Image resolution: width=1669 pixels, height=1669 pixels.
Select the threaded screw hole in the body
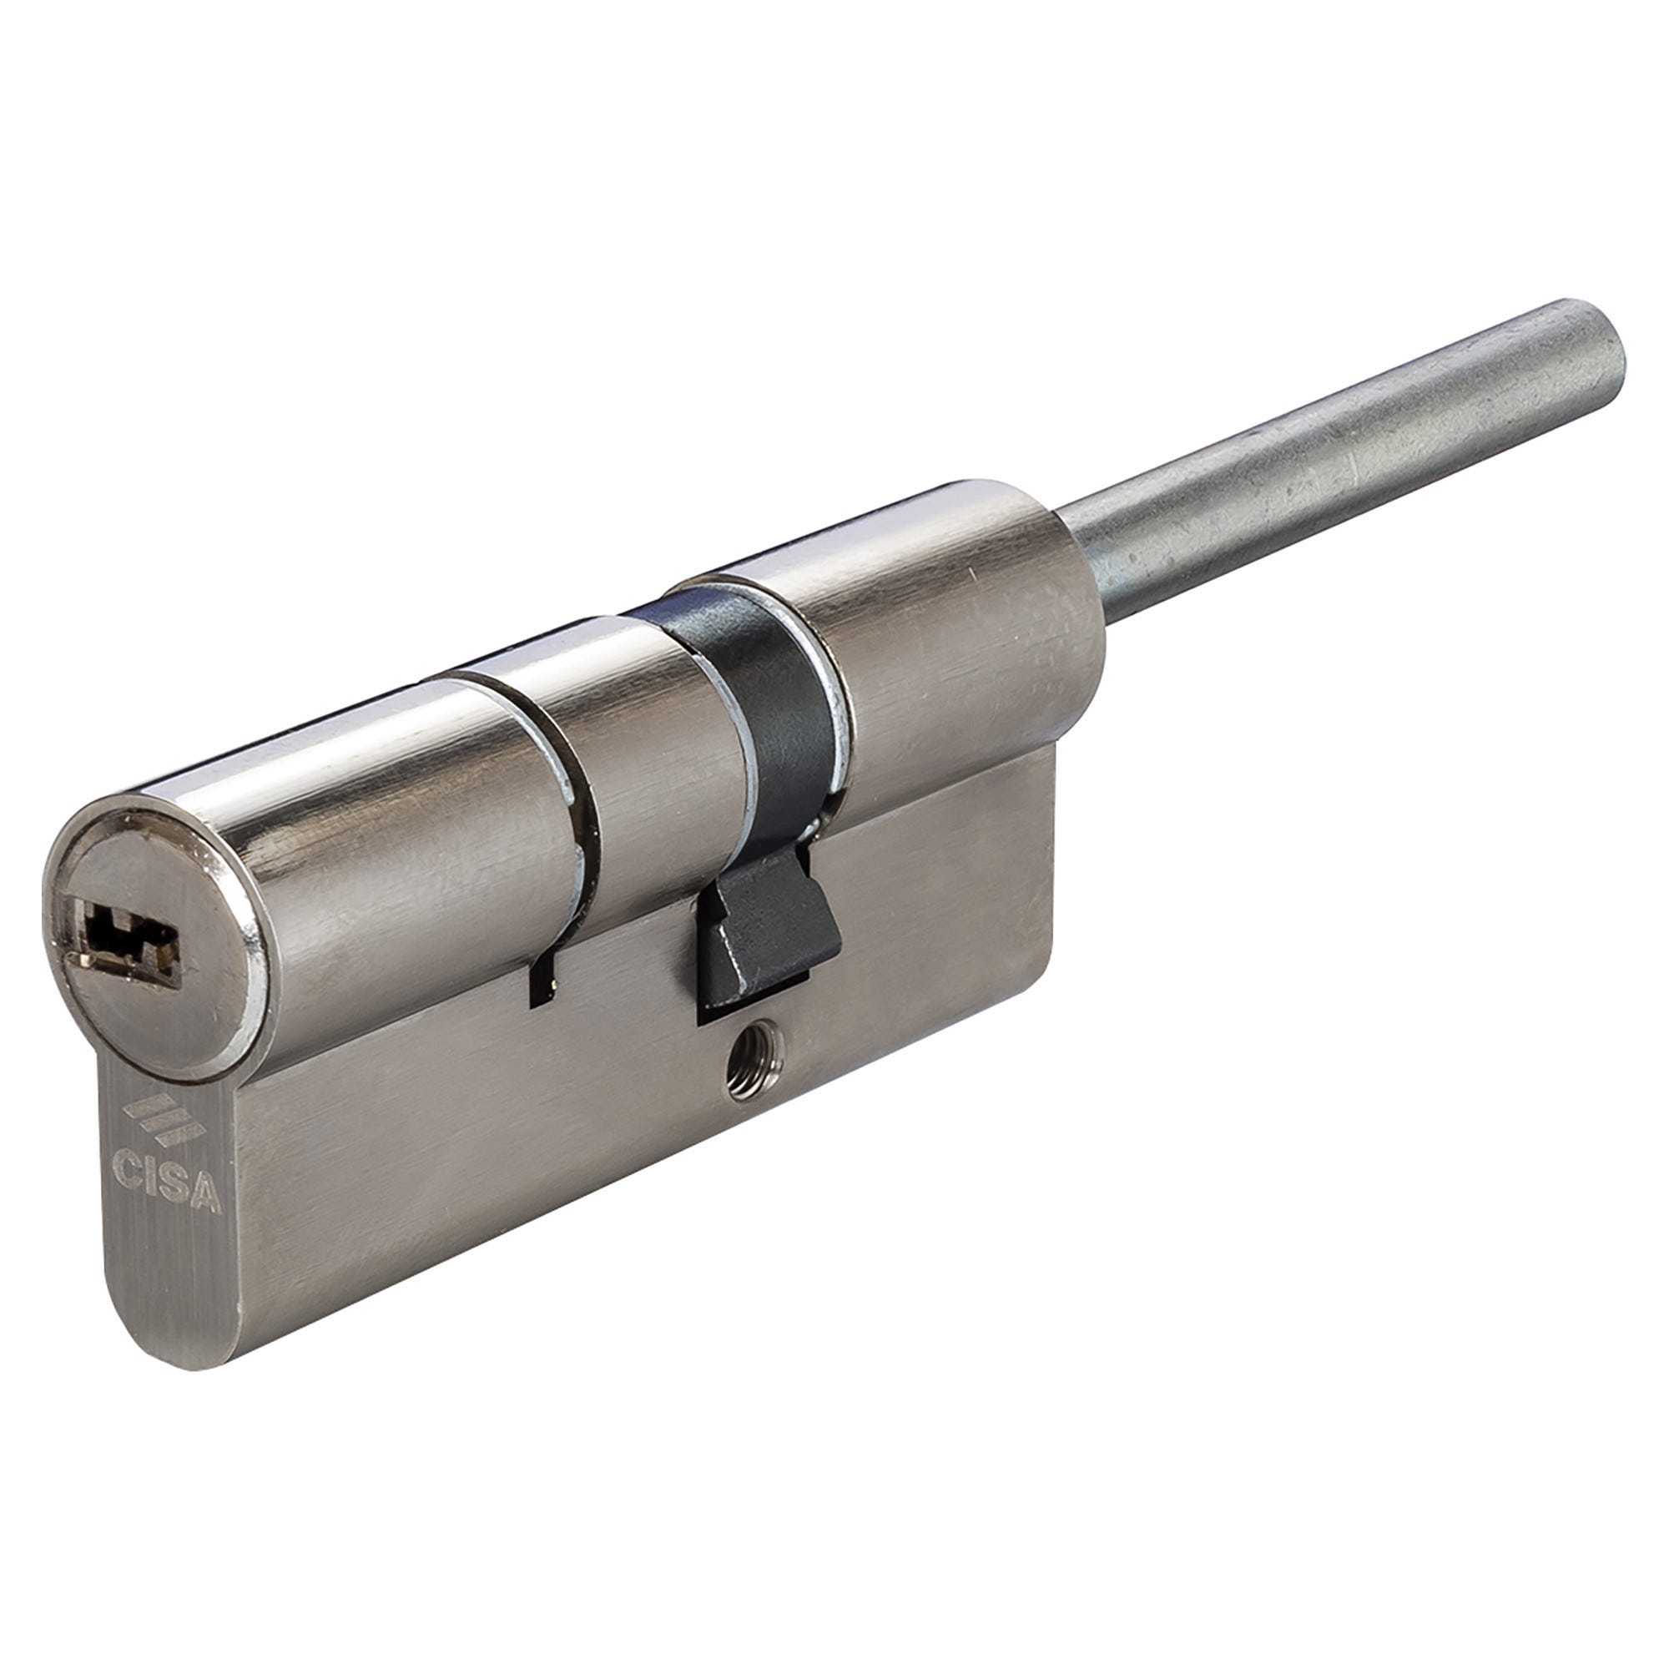pyautogui.click(x=749, y=1070)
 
